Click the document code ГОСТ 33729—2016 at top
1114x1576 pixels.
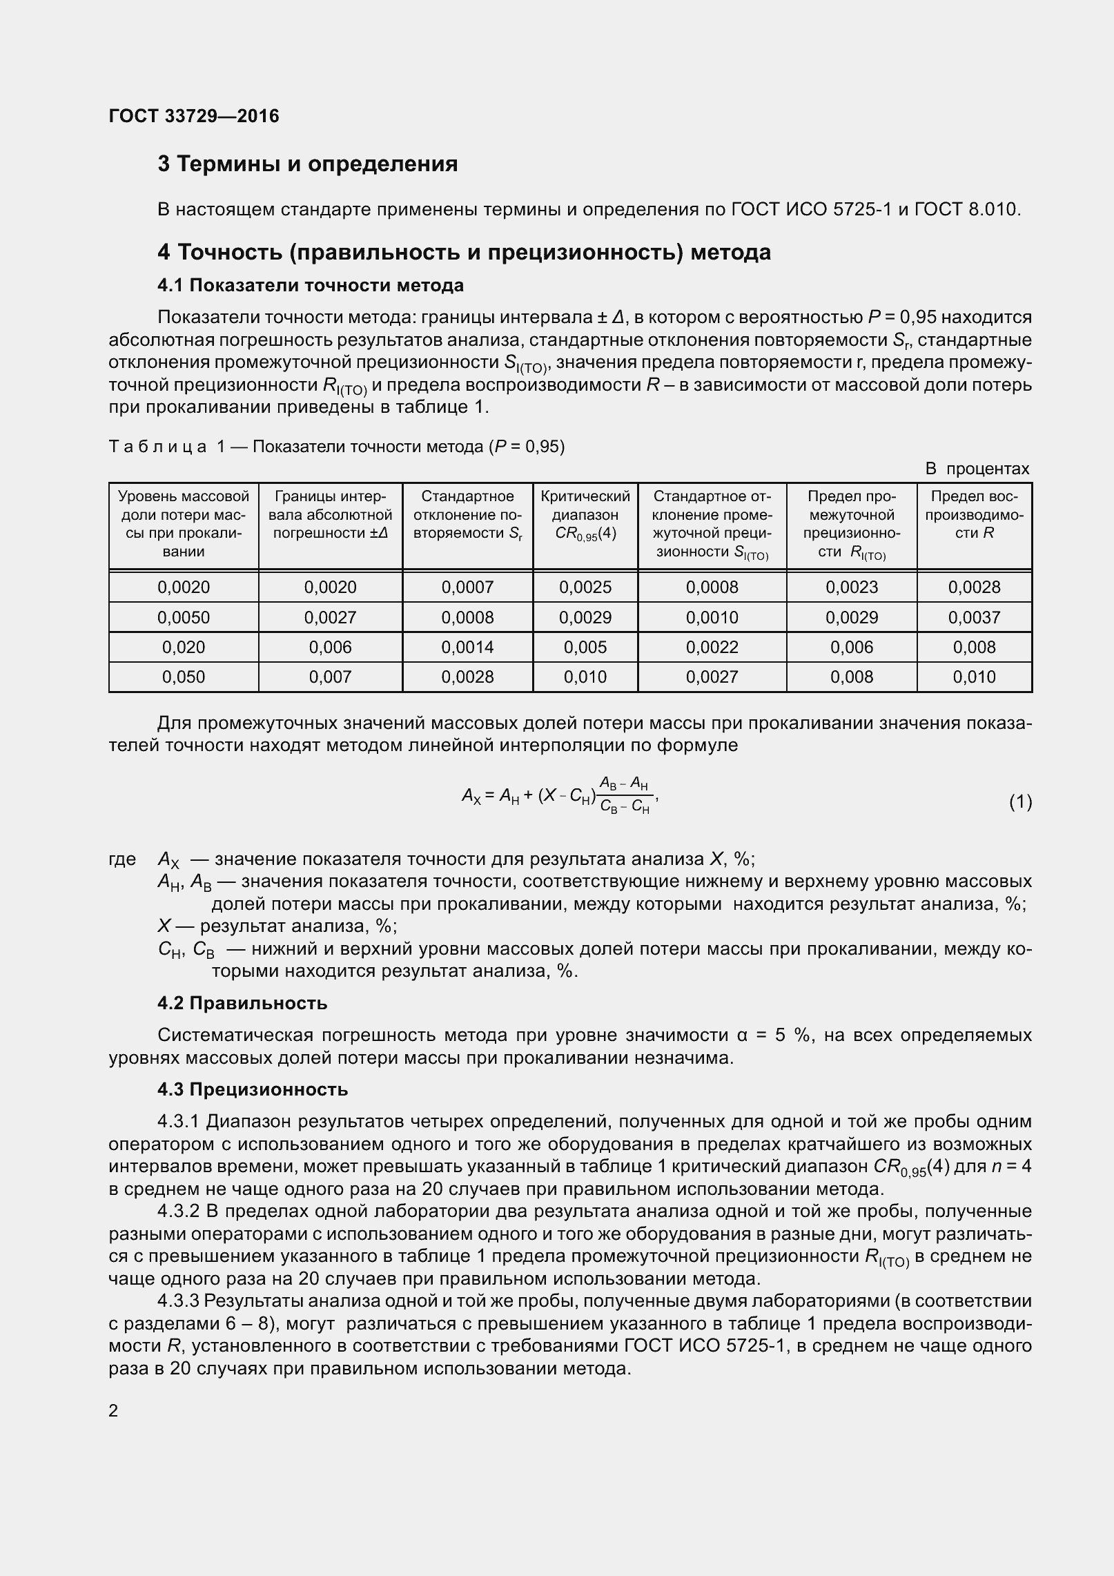(194, 116)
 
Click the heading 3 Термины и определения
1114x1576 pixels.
(307, 164)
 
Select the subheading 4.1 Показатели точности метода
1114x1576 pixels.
(310, 285)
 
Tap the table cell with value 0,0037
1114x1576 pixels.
(974, 617)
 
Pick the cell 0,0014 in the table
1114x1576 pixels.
(467, 647)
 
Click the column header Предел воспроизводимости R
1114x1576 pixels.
(974, 515)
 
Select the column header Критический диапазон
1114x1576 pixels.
(585, 515)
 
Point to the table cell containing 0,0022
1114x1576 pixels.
(712, 647)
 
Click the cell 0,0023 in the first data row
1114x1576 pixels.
(852, 587)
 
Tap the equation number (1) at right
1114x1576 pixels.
(1020, 801)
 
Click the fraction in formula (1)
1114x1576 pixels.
(625, 795)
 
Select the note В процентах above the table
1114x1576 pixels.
(977, 469)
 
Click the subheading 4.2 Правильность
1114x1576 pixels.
(242, 1003)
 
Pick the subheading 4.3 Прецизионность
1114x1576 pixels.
(253, 1089)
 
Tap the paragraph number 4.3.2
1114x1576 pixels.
(178, 1212)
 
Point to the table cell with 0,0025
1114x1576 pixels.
(585, 587)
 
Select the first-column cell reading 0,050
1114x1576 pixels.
(184, 677)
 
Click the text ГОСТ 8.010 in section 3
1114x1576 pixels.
(966, 208)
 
